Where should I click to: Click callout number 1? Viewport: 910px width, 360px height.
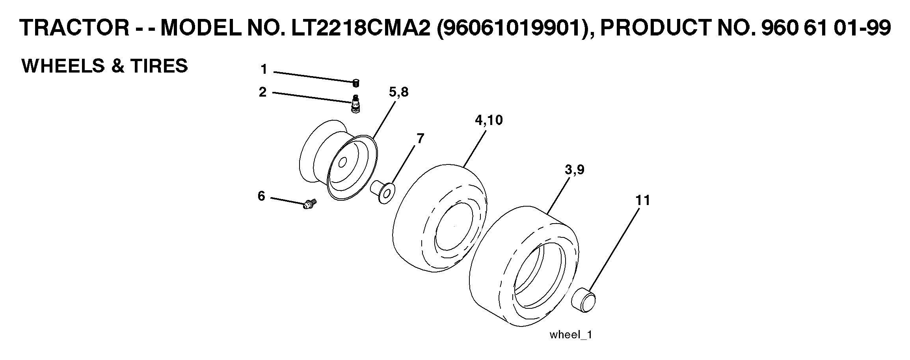[x=264, y=70]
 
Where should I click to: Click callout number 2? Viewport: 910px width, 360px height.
[x=263, y=92]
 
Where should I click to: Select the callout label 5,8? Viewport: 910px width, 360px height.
[x=398, y=93]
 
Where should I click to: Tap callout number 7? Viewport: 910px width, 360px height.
[x=420, y=139]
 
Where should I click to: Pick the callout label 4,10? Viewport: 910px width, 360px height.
[x=489, y=120]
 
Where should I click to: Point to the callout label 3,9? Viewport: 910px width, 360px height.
[x=574, y=170]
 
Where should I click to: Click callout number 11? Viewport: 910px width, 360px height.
[x=642, y=200]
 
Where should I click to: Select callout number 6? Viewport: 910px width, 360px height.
[x=262, y=196]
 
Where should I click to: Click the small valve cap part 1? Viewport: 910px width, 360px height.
[x=356, y=83]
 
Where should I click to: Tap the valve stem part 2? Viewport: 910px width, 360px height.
[x=355, y=104]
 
